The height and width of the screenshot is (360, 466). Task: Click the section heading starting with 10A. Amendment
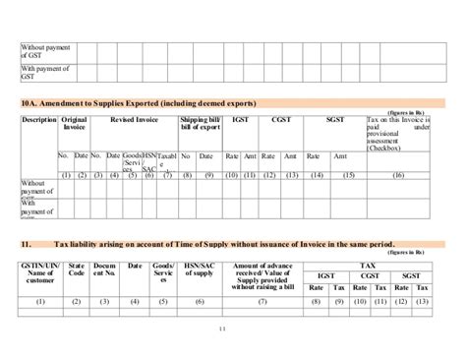click(x=138, y=103)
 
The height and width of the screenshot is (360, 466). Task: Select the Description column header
click(x=38, y=120)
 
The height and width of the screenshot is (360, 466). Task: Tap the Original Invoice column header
click(x=74, y=124)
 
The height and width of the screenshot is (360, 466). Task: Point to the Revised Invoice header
click(x=135, y=120)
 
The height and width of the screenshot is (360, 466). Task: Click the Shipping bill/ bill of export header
click(x=201, y=124)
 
